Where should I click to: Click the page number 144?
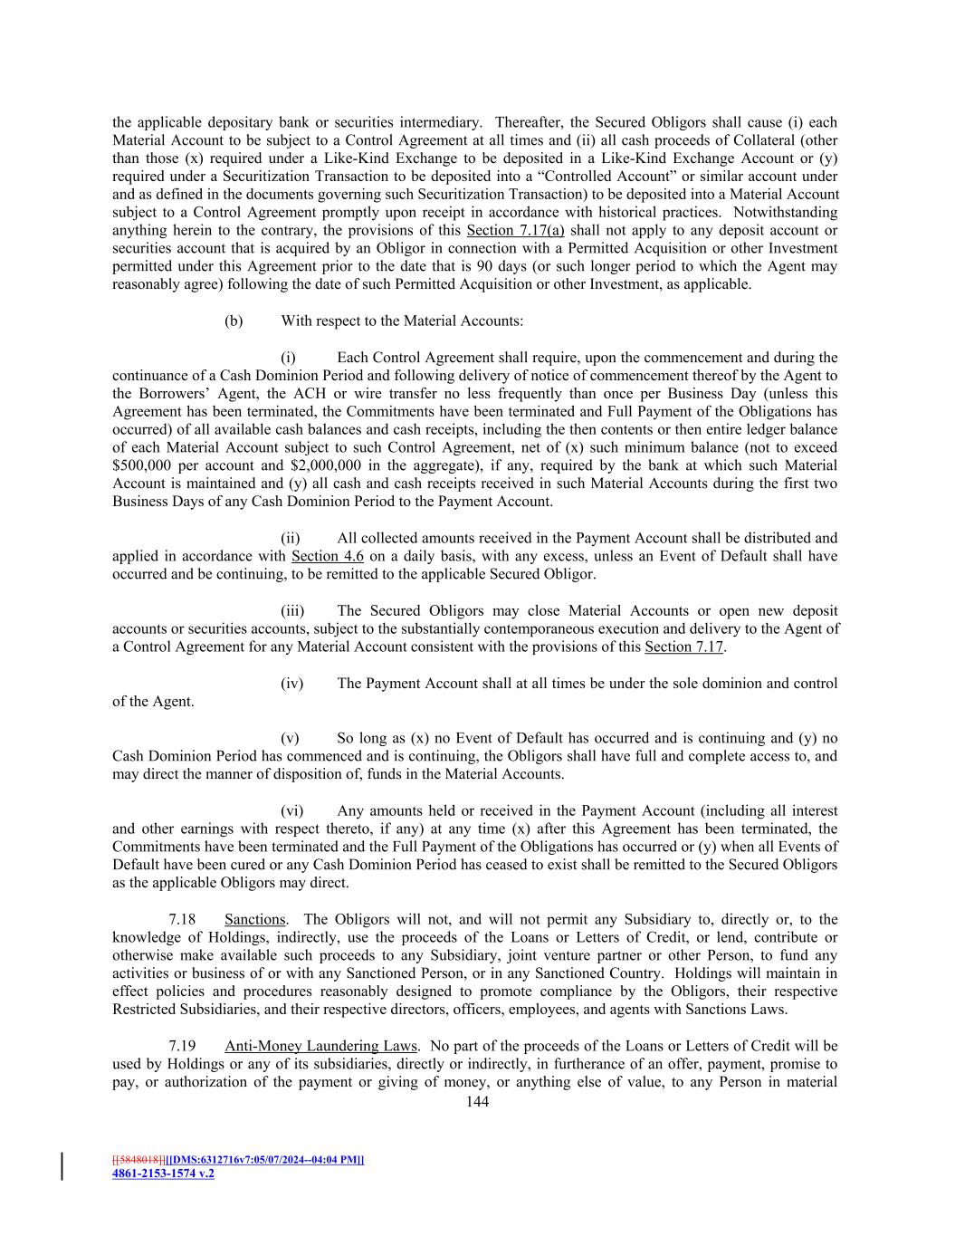[477, 1101]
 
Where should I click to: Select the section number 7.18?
[195, 919]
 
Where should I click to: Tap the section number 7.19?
[195, 1046]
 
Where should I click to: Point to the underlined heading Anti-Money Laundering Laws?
[320, 1046]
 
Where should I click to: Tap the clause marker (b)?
[234, 321]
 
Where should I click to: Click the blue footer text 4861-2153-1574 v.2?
[163, 1174]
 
